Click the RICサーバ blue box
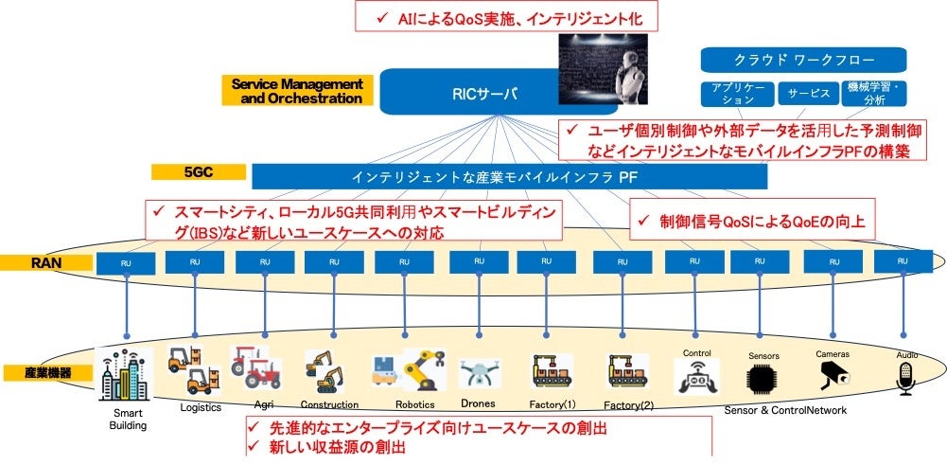click(473, 93)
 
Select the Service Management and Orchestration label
click(298, 91)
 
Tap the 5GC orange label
click(199, 172)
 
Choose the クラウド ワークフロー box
click(803, 60)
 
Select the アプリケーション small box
click(737, 93)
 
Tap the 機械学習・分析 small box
click(873, 93)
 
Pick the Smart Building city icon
click(127, 377)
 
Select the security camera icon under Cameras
click(833, 377)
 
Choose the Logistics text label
click(201, 408)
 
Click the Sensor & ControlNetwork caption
click(785, 410)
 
